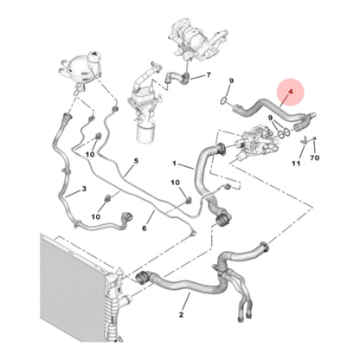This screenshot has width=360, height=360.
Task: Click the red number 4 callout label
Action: [291, 92]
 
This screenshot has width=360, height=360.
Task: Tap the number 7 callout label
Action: [209, 75]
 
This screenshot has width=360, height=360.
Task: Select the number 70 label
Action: [315, 157]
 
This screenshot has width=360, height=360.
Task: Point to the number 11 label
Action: [296, 164]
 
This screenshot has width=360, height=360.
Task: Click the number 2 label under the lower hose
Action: [181, 314]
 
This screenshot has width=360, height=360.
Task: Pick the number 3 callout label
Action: [84, 189]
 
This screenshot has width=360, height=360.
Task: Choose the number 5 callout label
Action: [136, 161]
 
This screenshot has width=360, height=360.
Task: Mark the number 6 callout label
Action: [145, 228]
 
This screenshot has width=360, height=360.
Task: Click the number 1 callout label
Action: [174, 164]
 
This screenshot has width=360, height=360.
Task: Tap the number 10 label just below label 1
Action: [175, 183]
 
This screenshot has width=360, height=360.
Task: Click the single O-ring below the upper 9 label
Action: [223, 100]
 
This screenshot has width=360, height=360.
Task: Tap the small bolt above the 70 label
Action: [314, 138]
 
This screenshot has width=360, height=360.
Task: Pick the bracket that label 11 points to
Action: [304, 140]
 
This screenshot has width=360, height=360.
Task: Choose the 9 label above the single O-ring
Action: [231, 81]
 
